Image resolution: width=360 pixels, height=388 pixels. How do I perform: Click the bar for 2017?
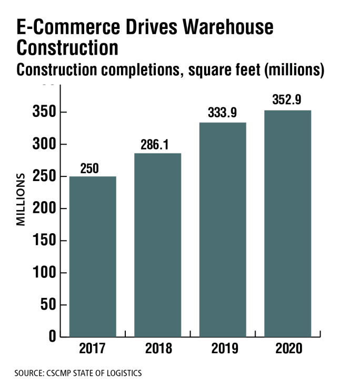click(93, 256)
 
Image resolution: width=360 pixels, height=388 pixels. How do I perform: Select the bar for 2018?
click(158, 245)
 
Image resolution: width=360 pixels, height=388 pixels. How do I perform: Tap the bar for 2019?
click(223, 230)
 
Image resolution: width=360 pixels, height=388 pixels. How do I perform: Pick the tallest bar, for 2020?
click(287, 223)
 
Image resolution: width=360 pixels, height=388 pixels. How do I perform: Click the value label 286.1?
click(154, 144)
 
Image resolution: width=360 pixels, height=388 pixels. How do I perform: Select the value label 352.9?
click(287, 100)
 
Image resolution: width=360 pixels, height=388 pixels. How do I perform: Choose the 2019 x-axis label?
click(223, 350)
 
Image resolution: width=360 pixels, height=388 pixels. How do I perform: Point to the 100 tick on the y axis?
click(44, 273)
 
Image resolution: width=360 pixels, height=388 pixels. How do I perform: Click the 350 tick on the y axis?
click(44, 113)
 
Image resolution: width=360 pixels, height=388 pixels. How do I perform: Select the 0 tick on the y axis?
click(53, 337)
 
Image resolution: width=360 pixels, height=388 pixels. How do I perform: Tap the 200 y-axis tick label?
click(44, 209)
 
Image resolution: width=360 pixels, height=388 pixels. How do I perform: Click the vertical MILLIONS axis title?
click(21, 199)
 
